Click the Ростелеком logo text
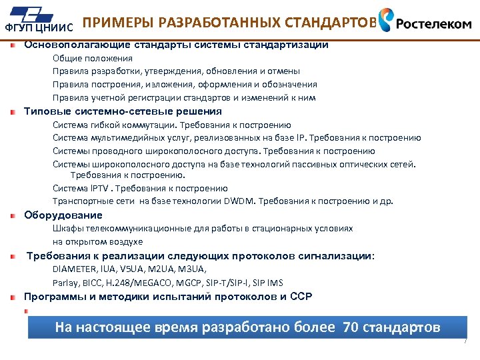click(x=434, y=23)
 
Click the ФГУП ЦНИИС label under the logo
click(x=38, y=28)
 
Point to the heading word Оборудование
click(x=63, y=215)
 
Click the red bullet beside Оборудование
click(x=13, y=216)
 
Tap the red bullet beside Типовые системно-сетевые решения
click(x=13, y=112)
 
